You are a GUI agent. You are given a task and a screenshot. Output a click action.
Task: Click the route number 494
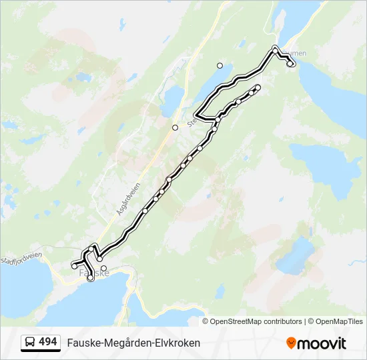[47, 342]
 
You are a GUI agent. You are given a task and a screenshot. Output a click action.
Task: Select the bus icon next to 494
[30, 343]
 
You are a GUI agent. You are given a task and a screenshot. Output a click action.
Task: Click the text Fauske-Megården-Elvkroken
[133, 343]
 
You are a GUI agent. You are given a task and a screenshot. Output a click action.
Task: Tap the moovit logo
[316, 343]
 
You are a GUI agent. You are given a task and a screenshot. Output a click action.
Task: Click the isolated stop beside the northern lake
[220, 65]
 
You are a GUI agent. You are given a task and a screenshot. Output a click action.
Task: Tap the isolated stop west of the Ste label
[175, 127]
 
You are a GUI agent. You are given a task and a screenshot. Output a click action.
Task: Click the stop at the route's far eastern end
[292, 64]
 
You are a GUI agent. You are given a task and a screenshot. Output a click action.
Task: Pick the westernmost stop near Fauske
[74, 266]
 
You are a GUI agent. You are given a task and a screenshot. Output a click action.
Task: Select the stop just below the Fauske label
[91, 278]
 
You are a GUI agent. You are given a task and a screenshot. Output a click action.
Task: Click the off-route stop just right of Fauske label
[103, 269]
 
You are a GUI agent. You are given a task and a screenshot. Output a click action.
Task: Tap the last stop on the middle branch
[258, 88]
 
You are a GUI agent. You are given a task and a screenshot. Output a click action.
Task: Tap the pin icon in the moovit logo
[291, 343]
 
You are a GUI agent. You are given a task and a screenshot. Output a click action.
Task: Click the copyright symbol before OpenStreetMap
[206, 321]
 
